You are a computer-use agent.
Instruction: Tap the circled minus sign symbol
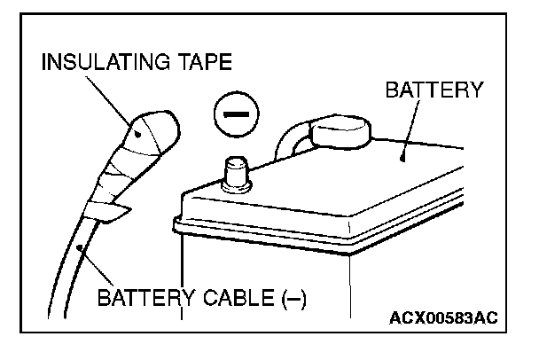tap(233, 117)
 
